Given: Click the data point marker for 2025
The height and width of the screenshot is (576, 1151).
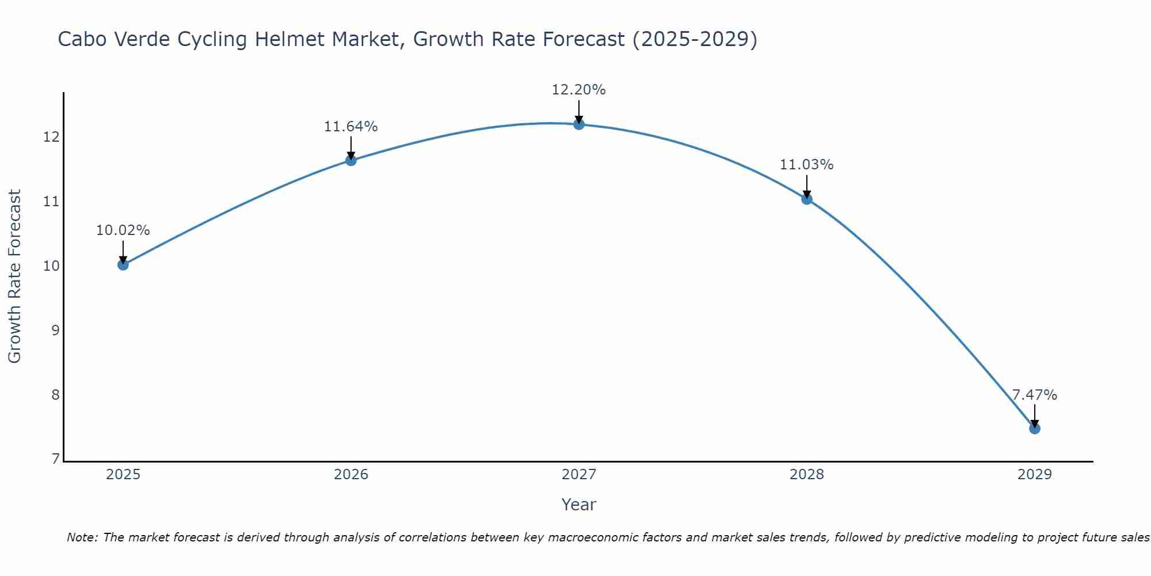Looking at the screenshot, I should [123, 265].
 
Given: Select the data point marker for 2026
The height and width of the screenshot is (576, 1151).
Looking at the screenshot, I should [350, 160].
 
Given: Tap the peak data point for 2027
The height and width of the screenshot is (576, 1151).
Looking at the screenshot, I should [578, 124].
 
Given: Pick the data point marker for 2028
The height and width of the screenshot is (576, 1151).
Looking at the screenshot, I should [806, 199].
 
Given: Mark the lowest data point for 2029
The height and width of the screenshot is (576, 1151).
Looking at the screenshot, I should [1034, 429].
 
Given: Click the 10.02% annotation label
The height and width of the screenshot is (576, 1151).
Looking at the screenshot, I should [123, 230].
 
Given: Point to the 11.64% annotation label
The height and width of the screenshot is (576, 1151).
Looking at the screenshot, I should [350, 127].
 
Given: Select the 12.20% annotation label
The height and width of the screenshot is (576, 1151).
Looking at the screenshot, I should [578, 90].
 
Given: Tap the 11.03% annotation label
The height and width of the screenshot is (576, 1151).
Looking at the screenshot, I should [806, 165].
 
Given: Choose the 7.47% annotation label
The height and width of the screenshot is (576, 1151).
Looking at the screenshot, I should [1034, 395].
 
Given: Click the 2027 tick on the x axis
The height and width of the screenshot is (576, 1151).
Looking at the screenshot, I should [578, 475].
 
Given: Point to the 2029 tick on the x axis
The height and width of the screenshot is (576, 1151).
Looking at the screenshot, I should [1034, 475].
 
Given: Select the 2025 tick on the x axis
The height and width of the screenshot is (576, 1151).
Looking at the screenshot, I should [123, 475].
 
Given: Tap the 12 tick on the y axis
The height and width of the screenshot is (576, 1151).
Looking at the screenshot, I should [51, 137].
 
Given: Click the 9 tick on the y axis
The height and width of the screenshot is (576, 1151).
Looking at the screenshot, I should [55, 331].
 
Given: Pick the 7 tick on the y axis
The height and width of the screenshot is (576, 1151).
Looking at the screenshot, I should [55, 459].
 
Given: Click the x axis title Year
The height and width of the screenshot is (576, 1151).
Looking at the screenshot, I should [578, 505].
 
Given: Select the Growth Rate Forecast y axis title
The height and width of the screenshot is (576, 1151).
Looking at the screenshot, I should [15, 276].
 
